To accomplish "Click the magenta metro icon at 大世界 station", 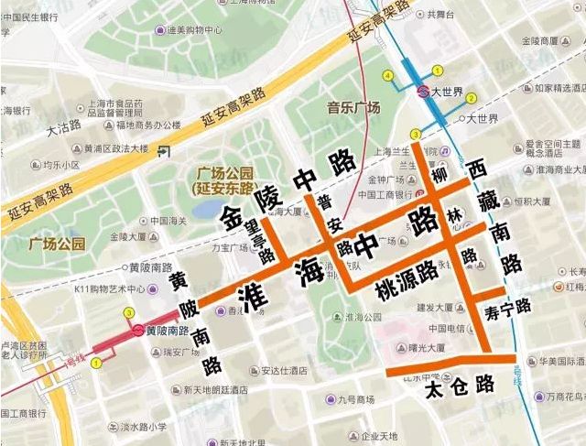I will [x=423, y=92].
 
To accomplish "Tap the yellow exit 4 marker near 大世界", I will [x=388, y=75].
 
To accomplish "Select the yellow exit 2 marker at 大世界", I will [x=471, y=98].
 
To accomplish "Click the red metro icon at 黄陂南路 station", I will [x=137, y=331].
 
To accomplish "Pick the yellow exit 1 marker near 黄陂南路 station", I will [x=98, y=364].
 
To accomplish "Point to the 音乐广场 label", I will [x=353, y=108].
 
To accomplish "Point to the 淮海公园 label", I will [x=357, y=317].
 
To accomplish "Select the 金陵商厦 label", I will [x=537, y=42].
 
